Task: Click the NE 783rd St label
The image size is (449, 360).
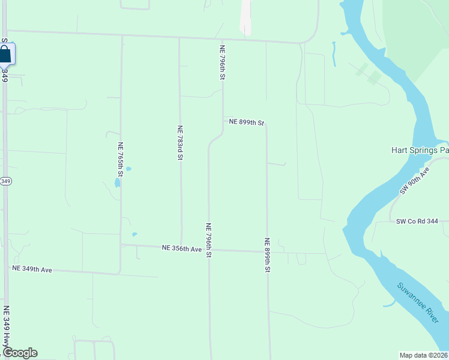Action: point(179,143)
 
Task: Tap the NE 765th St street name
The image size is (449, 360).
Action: point(121,160)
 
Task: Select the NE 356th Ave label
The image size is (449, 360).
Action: point(182,248)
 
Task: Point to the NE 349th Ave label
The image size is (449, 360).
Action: point(32,269)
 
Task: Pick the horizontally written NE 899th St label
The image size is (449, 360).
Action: point(246,122)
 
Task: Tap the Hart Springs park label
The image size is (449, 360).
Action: point(420,151)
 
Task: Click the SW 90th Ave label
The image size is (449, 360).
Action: point(415,181)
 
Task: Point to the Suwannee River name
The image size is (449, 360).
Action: point(418,304)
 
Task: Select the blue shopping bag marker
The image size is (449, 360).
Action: point(5,55)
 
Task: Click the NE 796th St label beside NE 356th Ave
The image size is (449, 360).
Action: point(209,241)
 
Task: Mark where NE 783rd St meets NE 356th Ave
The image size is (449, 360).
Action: point(182,246)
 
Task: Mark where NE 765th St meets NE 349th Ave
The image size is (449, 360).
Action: point(120,273)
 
